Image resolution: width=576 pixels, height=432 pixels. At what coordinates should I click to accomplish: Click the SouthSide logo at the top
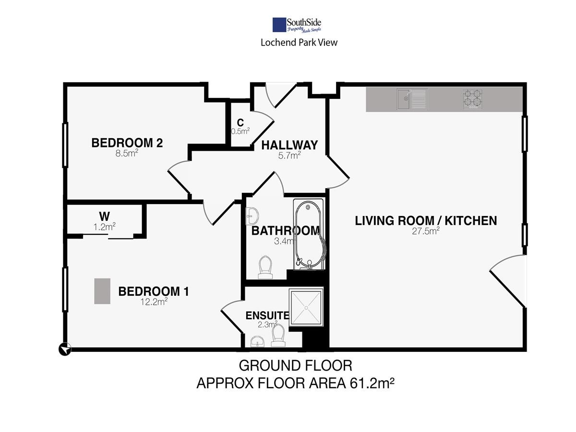tap(297, 25)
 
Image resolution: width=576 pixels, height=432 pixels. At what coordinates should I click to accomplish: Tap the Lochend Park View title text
tap(299, 43)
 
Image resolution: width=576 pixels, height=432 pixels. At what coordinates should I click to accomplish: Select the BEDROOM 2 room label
tap(127, 143)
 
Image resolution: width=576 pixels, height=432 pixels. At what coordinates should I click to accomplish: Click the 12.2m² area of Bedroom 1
tap(154, 301)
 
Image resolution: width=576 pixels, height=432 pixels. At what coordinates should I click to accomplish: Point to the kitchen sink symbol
tap(412, 99)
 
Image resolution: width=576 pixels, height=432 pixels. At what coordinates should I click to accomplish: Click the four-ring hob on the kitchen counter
tap(472, 99)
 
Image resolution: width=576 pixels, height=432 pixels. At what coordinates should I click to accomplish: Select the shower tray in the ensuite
tap(306, 308)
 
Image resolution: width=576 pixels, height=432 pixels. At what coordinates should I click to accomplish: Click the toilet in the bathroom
tap(265, 267)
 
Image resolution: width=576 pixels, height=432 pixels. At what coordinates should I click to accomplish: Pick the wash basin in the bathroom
tap(252, 216)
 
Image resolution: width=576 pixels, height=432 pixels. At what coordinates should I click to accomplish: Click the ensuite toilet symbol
tap(278, 336)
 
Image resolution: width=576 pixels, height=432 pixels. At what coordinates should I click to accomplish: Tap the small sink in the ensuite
tap(257, 341)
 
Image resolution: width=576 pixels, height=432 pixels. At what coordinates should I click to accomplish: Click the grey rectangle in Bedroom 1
tap(102, 291)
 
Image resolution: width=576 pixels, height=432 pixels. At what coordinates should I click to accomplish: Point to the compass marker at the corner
tap(65, 349)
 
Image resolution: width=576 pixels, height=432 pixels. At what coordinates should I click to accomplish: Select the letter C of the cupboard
tap(240, 122)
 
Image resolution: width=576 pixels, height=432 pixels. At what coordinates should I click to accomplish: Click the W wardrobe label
tap(105, 216)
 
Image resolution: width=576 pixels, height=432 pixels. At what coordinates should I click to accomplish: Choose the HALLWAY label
tap(289, 145)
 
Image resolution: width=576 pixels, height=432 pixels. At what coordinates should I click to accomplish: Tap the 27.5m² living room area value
tap(426, 231)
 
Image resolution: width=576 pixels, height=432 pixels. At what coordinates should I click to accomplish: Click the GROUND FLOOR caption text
tap(296, 366)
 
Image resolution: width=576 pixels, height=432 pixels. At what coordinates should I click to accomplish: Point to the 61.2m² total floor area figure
tap(372, 383)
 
